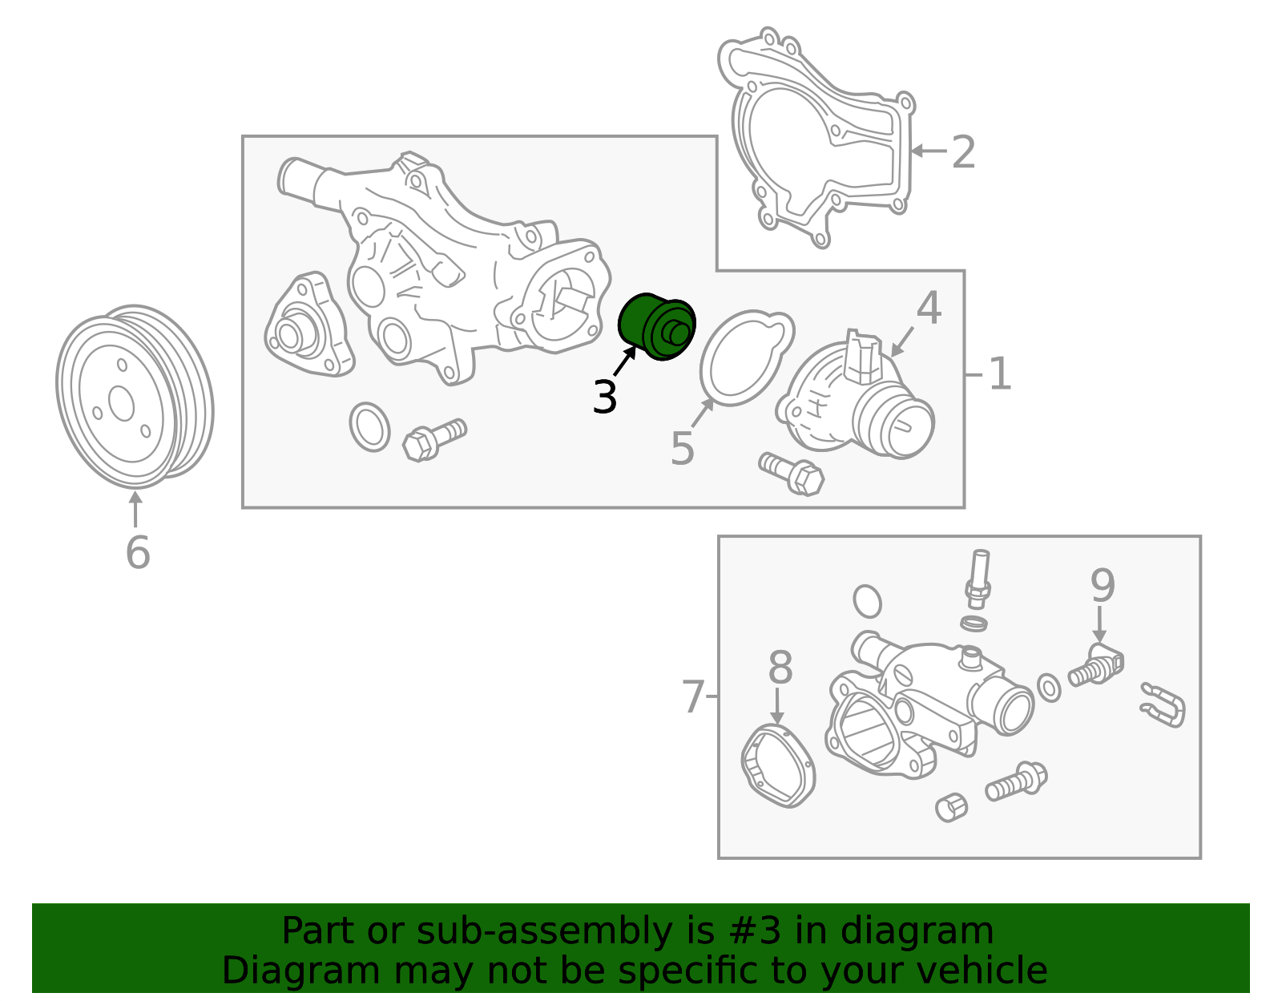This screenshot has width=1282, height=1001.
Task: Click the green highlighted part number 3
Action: (656, 325)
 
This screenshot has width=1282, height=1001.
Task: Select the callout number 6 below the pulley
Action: (138, 553)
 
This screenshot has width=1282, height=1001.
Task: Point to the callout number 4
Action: (929, 308)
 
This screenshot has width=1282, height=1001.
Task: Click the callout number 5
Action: (683, 449)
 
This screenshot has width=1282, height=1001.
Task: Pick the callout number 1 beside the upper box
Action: (1000, 373)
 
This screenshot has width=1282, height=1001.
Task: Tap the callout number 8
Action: (780, 668)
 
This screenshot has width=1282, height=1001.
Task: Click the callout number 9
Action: (1103, 585)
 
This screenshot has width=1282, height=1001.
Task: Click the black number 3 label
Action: (605, 397)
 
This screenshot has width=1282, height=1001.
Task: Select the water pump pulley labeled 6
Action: (135, 397)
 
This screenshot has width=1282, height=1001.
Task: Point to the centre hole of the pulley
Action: (122, 404)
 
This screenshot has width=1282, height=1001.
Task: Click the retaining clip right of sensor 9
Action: (1163, 705)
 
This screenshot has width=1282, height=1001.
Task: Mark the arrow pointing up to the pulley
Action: (135, 509)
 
